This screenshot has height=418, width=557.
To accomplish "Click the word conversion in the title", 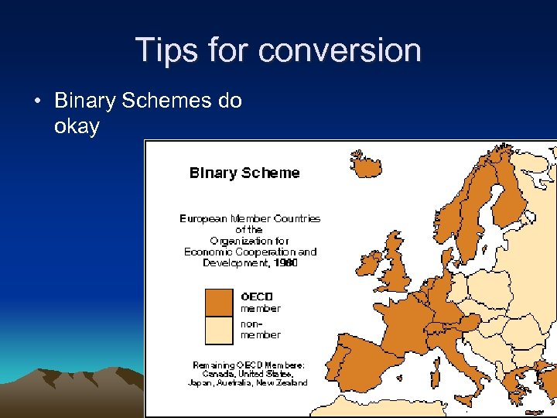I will [340, 50].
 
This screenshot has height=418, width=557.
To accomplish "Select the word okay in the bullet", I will [77, 126].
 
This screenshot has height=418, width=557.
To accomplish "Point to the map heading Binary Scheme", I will [244, 173].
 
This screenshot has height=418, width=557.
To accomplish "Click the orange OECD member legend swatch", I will [218, 303].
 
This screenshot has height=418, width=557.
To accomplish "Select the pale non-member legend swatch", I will [218, 330].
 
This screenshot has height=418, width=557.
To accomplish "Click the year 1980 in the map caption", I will [285, 263].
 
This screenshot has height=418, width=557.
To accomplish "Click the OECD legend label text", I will [256, 296].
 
